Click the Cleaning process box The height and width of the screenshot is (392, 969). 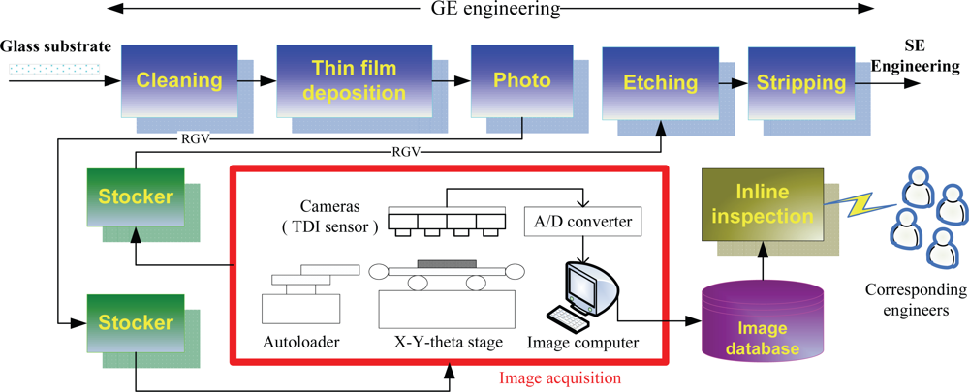[x=179, y=81]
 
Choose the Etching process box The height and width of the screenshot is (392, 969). [x=652, y=83]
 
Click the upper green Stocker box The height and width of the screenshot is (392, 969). [x=136, y=198]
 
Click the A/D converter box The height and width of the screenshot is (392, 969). [x=578, y=222]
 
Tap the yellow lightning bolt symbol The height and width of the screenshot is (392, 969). [x=861, y=204]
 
